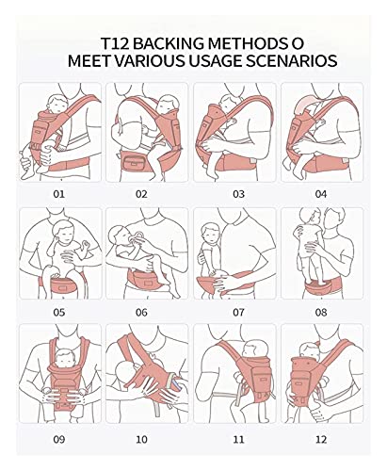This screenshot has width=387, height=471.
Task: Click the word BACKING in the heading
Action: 166,43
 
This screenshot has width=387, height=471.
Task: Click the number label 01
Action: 59,193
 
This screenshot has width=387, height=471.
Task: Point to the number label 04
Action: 321,193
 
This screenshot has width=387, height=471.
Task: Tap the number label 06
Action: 141,311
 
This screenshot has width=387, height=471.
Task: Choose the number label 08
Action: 321,311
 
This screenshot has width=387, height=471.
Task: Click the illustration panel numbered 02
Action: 149,129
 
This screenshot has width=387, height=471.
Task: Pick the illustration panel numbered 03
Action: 234,129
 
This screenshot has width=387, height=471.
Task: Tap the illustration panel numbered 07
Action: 234,251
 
